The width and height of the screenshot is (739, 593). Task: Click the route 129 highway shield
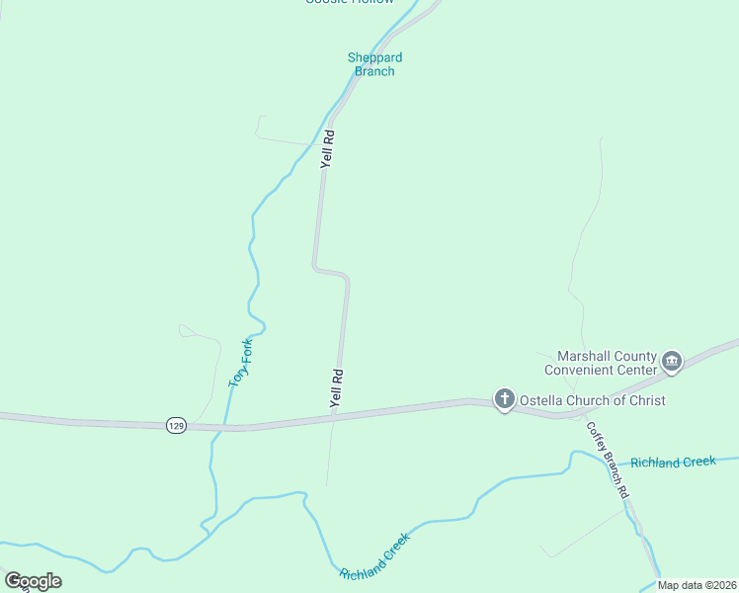click(176, 425)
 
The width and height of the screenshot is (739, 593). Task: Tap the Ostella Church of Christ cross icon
click(504, 399)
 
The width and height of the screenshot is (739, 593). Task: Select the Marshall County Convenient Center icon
click(672, 362)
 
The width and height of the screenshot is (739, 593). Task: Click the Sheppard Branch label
click(374, 64)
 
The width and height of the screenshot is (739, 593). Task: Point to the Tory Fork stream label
click(241, 363)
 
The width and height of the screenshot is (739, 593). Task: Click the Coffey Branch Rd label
click(608, 460)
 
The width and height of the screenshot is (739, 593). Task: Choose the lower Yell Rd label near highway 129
click(337, 388)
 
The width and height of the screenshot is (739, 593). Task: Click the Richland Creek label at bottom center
click(374, 559)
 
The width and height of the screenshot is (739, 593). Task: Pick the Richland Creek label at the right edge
click(673, 462)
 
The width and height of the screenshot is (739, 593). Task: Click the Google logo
click(33, 581)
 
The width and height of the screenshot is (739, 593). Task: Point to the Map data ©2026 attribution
click(698, 585)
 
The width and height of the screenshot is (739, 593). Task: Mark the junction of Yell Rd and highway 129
click(333, 417)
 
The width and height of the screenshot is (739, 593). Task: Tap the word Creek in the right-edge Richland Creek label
click(698, 462)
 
